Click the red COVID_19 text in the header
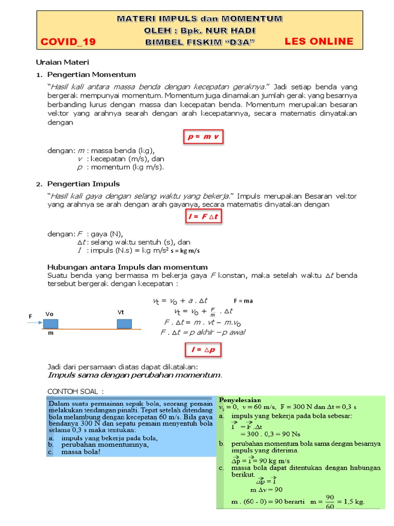(68, 42)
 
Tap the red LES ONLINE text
(319, 41)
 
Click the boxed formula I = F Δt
(203, 217)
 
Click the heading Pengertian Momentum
(91, 74)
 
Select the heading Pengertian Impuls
(83, 183)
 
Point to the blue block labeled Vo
(50, 324)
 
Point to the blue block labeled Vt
(124, 324)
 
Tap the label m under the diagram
(50, 333)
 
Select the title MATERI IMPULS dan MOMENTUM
(200, 18)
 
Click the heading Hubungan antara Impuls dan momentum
(127, 267)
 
